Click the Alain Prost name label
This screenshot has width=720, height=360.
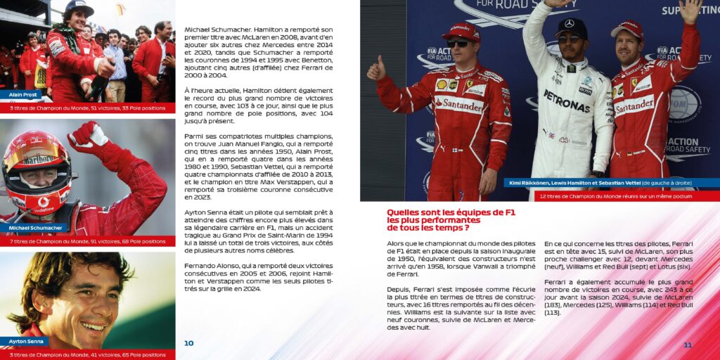[x=22, y=95]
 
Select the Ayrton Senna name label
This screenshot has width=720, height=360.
[x=26, y=342]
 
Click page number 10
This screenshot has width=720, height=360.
[x=188, y=343]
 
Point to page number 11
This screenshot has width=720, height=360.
[x=688, y=345]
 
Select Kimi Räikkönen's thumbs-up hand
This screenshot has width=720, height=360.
[x=377, y=69]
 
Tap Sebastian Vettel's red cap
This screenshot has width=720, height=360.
[x=628, y=29]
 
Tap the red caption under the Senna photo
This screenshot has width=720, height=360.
[x=87, y=354]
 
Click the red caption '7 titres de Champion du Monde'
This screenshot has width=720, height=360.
[x=87, y=241]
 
